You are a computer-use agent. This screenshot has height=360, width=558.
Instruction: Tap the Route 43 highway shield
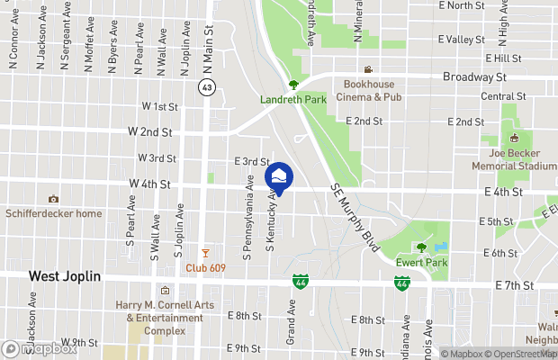point(207,87)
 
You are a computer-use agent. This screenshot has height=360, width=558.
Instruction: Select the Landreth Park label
point(293,100)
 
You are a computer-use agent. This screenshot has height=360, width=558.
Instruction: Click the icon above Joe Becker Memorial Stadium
point(514,139)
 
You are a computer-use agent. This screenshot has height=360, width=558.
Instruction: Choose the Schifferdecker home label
point(53,213)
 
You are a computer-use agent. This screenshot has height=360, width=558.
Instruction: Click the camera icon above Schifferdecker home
point(53,199)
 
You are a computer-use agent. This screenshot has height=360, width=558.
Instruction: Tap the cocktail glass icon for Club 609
point(205,253)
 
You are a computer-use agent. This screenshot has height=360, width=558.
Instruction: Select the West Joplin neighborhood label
point(65,276)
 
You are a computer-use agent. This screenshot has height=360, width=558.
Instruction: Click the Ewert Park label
point(419,264)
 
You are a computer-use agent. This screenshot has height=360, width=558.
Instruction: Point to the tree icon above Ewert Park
point(420,248)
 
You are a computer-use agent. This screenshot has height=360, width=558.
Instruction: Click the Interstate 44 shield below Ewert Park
point(402,283)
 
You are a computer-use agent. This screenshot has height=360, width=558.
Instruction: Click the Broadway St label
point(474,77)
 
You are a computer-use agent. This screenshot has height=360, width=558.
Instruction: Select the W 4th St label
point(149,184)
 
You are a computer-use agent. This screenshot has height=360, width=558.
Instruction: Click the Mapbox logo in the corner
point(40,348)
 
